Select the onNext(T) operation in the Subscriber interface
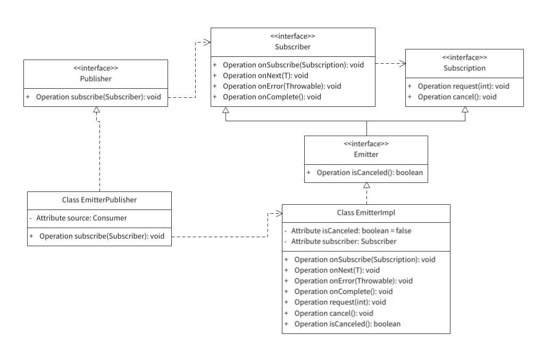[256, 76]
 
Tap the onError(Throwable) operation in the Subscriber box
[282, 86]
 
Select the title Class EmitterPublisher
[99, 200]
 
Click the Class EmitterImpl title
[366, 213]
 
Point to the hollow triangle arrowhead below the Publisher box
[96, 110]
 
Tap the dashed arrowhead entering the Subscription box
[403, 64]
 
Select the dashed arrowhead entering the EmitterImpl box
[279, 213]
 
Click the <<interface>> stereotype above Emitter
[366, 144]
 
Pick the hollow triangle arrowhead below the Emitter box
[366, 186]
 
